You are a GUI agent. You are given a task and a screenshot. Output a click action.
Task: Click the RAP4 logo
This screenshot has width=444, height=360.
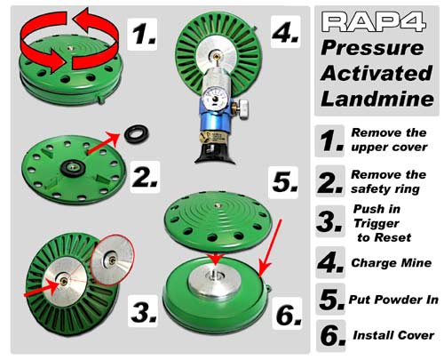[374, 21]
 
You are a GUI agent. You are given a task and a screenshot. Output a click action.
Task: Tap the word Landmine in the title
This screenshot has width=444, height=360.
[377, 99]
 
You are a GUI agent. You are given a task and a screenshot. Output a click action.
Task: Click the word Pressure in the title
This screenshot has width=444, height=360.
[372, 48]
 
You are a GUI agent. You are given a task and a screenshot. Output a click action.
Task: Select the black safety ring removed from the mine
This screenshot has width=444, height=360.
[136, 134]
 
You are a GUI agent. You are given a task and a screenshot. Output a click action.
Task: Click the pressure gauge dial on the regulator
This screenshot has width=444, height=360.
[215, 98]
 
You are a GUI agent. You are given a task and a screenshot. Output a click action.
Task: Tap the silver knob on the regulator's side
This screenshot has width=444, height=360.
[242, 108]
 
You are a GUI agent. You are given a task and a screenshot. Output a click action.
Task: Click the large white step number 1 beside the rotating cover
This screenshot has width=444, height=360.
[142, 34]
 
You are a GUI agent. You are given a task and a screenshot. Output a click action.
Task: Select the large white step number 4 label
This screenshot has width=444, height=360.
[285, 32]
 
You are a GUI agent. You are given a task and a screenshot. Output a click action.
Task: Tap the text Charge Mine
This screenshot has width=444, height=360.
[392, 263]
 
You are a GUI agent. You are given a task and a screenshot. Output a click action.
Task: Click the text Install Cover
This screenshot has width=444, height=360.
[393, 335]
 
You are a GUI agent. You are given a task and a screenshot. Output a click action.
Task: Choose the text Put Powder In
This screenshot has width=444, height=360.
[393, 300]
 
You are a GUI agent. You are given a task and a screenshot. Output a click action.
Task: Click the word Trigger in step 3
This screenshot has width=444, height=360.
[377, 224]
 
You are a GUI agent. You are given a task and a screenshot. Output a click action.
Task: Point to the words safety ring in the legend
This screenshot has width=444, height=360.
[385, 189]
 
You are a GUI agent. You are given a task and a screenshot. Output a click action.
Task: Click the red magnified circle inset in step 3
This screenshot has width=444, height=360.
[113, 260]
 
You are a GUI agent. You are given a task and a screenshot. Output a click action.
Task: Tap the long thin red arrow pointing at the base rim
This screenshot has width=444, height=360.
[270, 248]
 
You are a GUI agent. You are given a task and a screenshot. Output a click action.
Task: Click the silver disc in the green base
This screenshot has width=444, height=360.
[214, 282]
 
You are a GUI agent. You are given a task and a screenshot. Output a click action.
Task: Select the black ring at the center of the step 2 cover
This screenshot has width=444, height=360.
[73, 169]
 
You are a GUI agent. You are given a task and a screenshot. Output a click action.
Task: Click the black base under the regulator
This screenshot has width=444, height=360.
[215, 154]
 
